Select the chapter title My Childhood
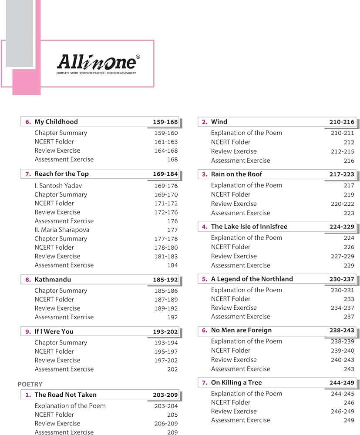coord(56,122)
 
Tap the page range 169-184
coord(165,174)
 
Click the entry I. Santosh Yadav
coord(58,186)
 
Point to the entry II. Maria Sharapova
coord(62,230)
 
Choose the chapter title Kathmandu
coord(53,279)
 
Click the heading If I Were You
coord(54,331)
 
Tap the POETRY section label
coord(30,384)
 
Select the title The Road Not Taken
coord(65,395)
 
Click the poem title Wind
coord(219,122)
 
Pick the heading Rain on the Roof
coord(236,174)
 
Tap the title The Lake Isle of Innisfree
coord(249,227)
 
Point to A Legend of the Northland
coord(252,279)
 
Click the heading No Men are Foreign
coord(241,330)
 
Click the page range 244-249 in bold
coord(342,383)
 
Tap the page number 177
coord(172,230)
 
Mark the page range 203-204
coord(165,406)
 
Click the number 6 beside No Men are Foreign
coord(205,331)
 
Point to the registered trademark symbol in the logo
coord(138,57)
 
